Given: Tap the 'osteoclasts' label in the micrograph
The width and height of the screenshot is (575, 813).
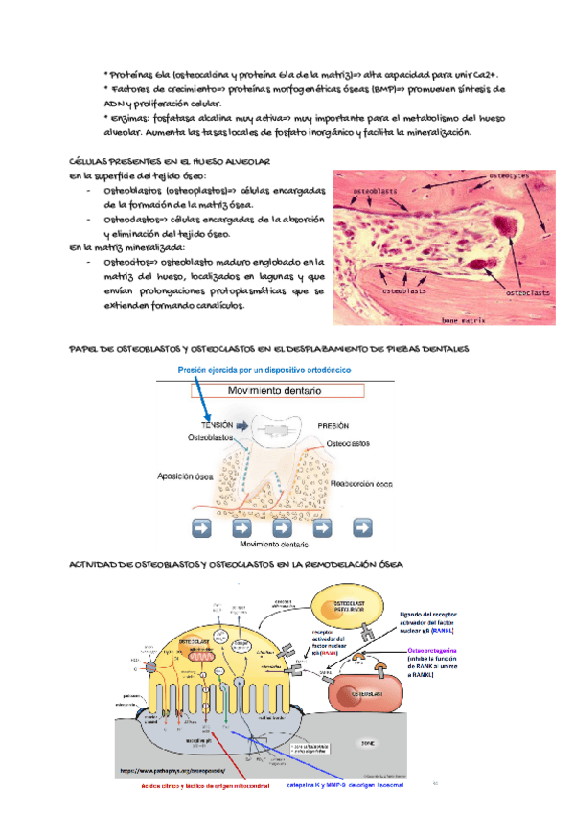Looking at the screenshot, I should (525, 291).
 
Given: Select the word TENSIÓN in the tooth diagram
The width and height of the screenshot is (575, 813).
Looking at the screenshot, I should (219, 424).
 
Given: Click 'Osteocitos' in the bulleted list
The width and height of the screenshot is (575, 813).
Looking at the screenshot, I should (125, 260).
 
